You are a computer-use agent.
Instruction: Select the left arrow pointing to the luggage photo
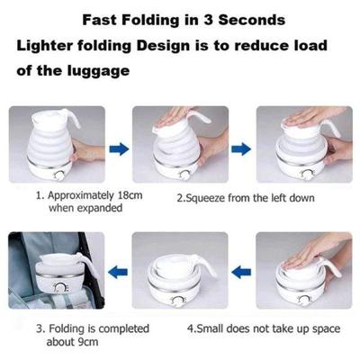click(115, 269)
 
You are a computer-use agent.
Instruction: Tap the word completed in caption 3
click(100, 328)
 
